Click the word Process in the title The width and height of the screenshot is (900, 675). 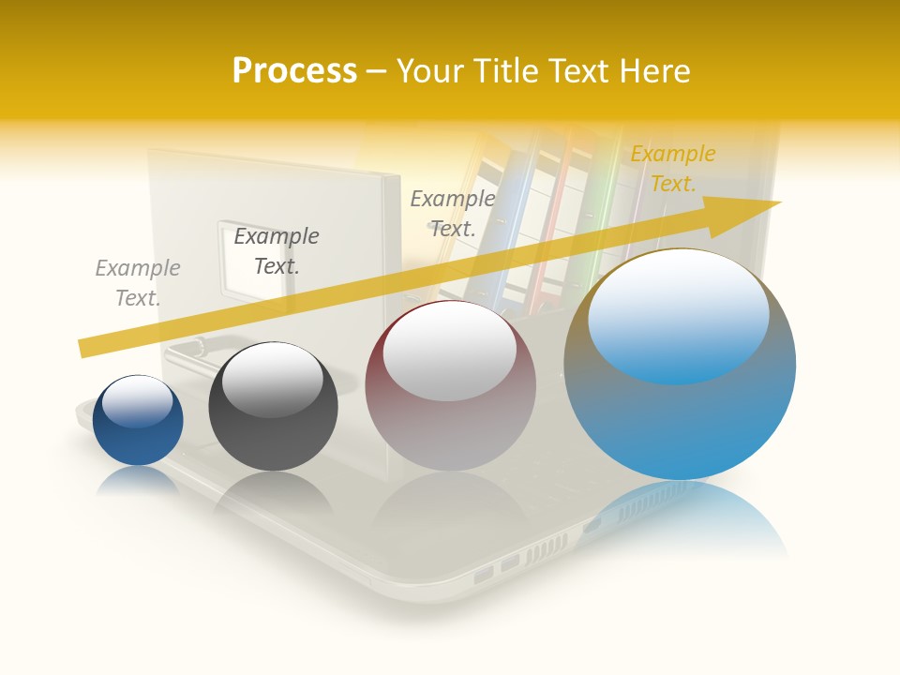click(294, 71)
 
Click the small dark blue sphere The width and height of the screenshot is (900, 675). click(138, 441)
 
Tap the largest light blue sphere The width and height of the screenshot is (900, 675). click(680, 422)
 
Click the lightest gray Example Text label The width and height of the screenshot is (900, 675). click(138, 283)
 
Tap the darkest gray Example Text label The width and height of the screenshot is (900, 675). click(277, 250)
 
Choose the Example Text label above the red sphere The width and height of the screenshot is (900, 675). click(453, 213)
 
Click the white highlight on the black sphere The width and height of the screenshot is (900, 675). click(272, 381)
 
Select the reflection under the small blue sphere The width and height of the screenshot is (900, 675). click(138, 479)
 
